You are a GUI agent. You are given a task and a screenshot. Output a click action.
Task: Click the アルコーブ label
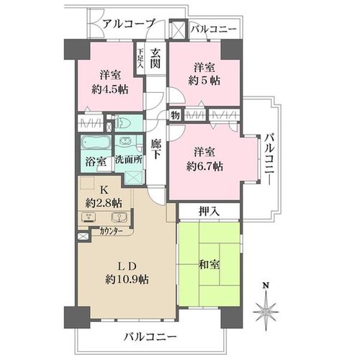tap(128, 24)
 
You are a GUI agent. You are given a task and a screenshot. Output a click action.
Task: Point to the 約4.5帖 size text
tap(109, 90)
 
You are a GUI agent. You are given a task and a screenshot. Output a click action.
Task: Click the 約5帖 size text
tap(204, 81)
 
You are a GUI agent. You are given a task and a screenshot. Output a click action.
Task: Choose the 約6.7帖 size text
tap(204, 166)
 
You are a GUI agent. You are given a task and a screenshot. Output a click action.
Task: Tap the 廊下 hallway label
tap(156, 149)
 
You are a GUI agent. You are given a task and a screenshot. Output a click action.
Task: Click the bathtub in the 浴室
tap(96, 143)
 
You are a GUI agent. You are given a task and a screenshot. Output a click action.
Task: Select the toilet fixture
tap(122, 123)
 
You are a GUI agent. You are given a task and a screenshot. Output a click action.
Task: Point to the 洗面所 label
tap(129, 160)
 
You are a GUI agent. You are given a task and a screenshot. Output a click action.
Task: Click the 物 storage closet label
tap(175, 116)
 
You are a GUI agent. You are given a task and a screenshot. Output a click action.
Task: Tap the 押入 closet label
tap(209, 211)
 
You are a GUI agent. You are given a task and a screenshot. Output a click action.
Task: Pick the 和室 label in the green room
tap(209, 265)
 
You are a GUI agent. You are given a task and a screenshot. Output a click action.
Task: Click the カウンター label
tap(111, 231)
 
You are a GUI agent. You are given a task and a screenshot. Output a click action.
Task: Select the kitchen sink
tap(119, 217)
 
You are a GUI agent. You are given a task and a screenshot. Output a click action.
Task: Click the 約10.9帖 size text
tap(127, 279)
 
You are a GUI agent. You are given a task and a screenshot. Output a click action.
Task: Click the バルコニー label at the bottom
tap(150, 337)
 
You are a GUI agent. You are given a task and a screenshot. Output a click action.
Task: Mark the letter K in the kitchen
tap(104, 190)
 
